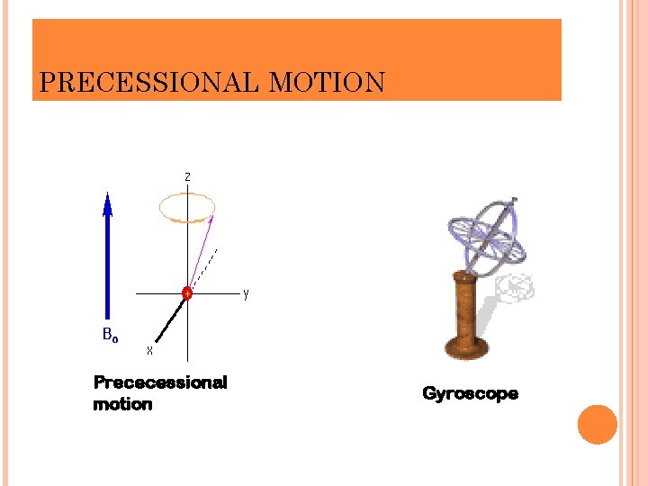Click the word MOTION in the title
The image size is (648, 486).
point(327,84)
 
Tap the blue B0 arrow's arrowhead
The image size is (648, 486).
point(108,204)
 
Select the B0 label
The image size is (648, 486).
point(110,336)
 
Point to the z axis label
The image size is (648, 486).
point(187,177)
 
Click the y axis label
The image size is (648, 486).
point(246,293)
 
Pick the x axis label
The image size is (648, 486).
point(150,350)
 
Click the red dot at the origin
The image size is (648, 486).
point(187,293)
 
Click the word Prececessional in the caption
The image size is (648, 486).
point(160,382)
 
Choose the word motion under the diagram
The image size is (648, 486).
point(122,404)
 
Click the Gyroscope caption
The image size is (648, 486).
point(470,393)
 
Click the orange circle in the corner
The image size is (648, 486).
point(597,424)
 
